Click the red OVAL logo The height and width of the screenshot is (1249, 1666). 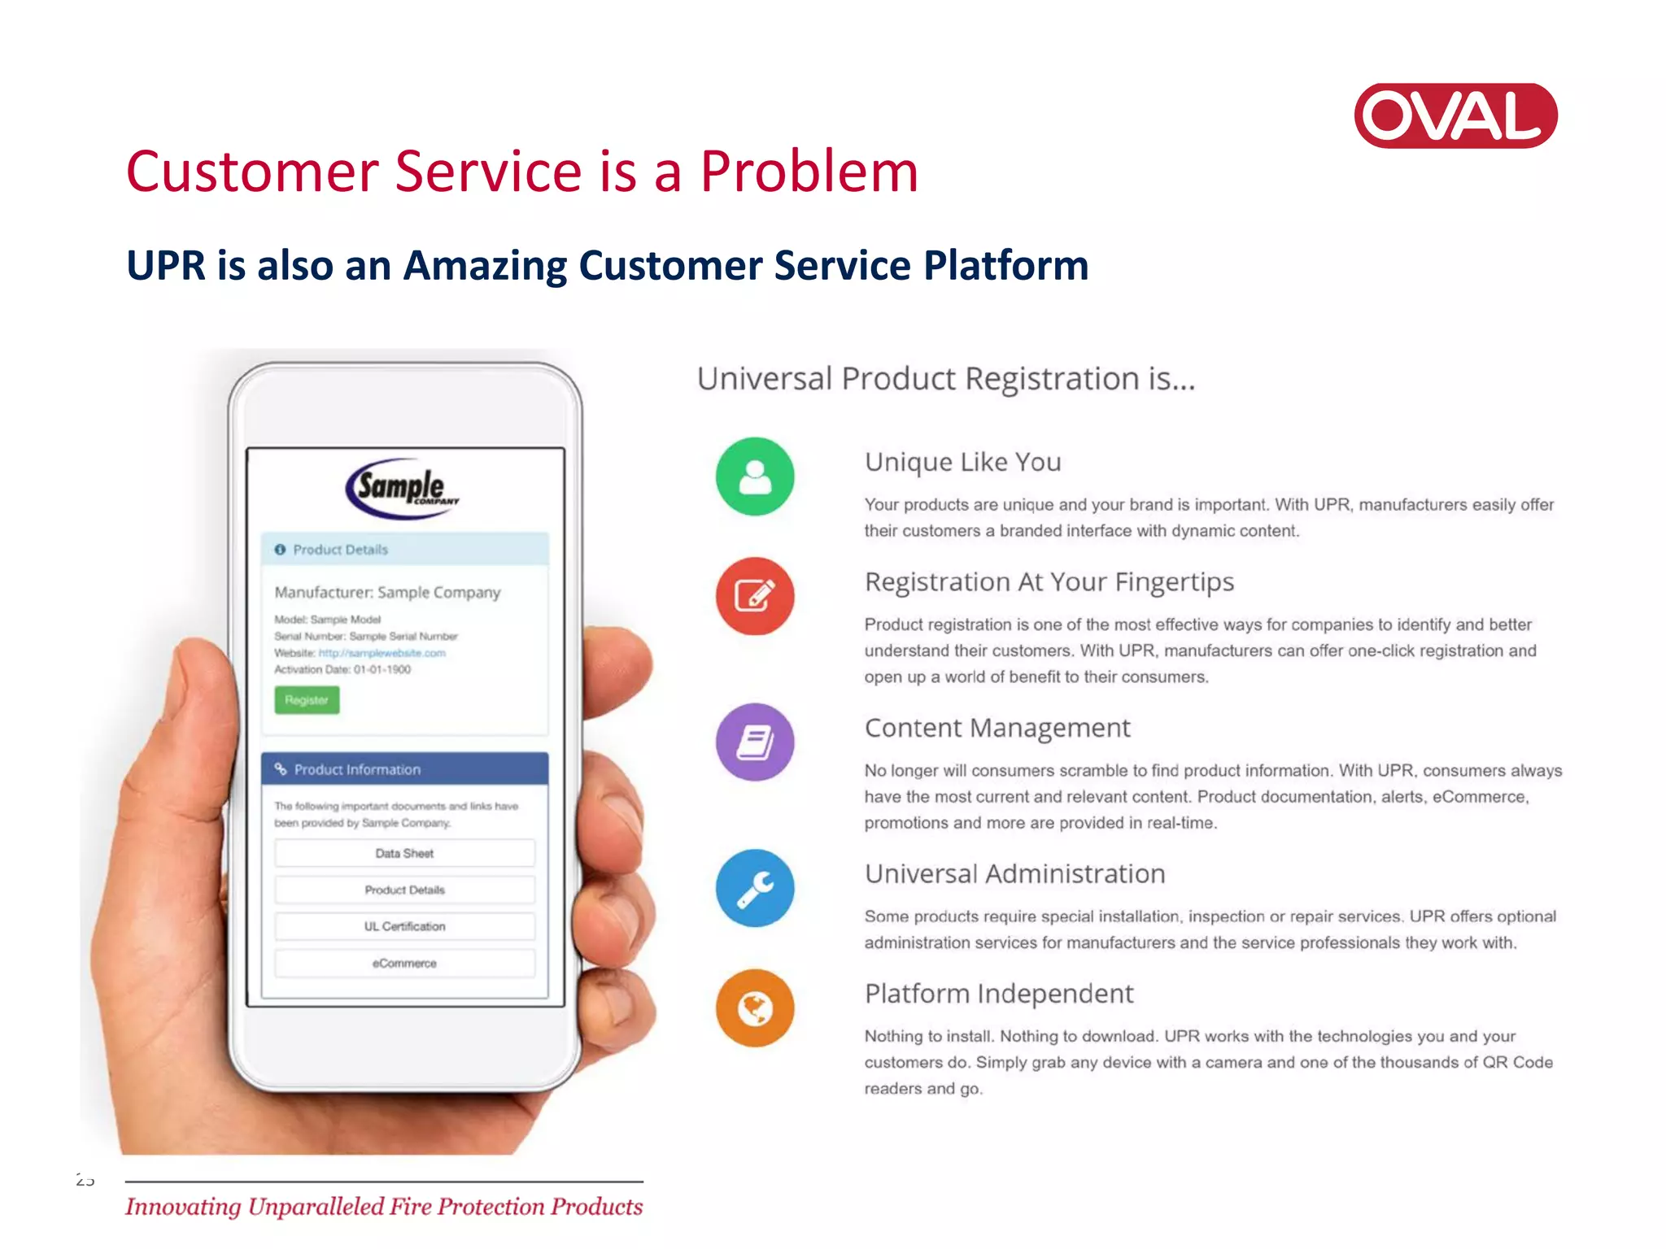(1455, 115)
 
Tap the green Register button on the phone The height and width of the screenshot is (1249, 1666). (307, 700)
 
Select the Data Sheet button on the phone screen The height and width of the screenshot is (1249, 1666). (404, 854)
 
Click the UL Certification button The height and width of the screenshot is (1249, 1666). (404, 927)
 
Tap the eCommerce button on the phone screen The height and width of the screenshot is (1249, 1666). (404, 964)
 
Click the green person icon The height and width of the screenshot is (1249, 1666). (755, 477)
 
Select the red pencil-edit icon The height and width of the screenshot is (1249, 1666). (755, 596)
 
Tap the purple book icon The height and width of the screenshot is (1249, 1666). (755, 742)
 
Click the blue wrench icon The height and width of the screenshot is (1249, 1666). (755, 888)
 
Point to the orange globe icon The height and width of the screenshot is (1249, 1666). (755, 1008)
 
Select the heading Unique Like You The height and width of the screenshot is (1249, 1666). (962, 462)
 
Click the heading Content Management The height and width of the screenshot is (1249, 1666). (997, 728)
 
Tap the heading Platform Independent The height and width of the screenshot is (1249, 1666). (998, 994)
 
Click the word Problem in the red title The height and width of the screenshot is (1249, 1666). (809, 172)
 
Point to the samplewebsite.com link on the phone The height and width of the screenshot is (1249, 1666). (382, 653)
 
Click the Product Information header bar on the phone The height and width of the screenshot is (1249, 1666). (404, 769)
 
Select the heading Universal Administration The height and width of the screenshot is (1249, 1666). (1014, 874)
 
